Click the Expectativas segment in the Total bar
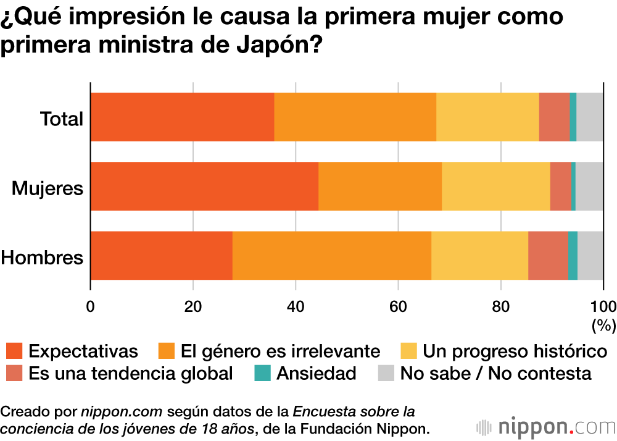pyautogui.click(x=182, y=117)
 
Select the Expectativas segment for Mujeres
pyautogui.click(x=204, y=187)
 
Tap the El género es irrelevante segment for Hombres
pyautogui.click(x=332, y=256)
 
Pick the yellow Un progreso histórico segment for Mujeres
pyautogui.click(x=495, y=187)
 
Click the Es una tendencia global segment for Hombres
pyautogui.click(x=548, y=256)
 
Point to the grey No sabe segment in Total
pyautogui.click(x=589, y=117)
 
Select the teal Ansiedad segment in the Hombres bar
pyautogui.click(x=573, y=256)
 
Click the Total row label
pyautogui.click(x=61, y=118)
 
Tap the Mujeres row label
pyautogui.click(x=48, y=188)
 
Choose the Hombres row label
pyautogui.click(x=42, y=257)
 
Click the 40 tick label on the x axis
pyautogui.click(x=296, y=306)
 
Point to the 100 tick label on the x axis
pyautogui.click(x=603, y=306)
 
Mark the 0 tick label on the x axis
pyautogui.click(x=91, y=306)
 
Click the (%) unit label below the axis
pyautogui.click(x=603, y=324)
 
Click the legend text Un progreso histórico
pyautogui.click(x=515, y=351)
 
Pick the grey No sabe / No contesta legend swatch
pyautogui.click(x=386, y=373)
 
